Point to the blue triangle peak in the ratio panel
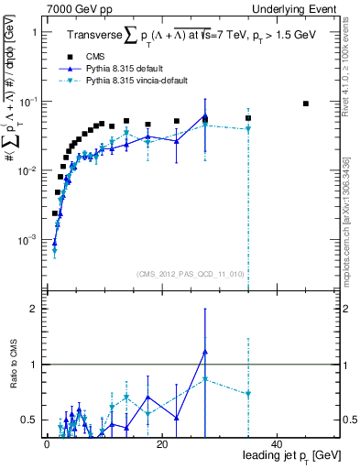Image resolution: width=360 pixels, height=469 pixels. [205, 352]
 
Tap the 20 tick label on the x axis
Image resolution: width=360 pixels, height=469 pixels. [161, 443]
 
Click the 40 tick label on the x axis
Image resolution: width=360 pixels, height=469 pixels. [277, 443]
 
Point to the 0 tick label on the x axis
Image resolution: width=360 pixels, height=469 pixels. [47, 443]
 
